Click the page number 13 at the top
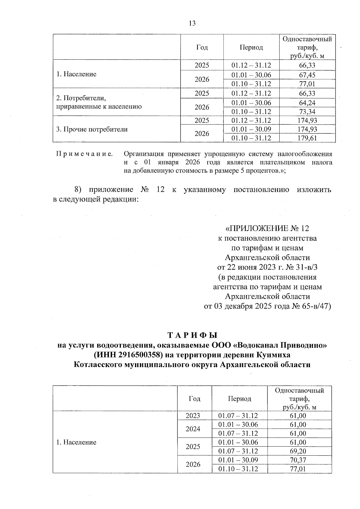pos(192,23)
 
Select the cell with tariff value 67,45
pos(307,75)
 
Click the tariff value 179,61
pos(307,138)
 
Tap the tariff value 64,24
pos(307,103)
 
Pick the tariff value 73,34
pos(307,112)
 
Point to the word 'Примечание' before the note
pos(85,154)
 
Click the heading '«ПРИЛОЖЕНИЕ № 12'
pos(267,229)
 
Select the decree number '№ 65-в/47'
pos(310,306)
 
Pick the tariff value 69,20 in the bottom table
pos(298,451)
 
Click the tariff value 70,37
pos(298,460)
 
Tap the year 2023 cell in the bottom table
pos(193,416)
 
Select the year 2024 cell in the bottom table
pos(193,429)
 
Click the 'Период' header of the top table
pos(251,47)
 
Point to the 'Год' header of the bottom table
pos(194,399)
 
